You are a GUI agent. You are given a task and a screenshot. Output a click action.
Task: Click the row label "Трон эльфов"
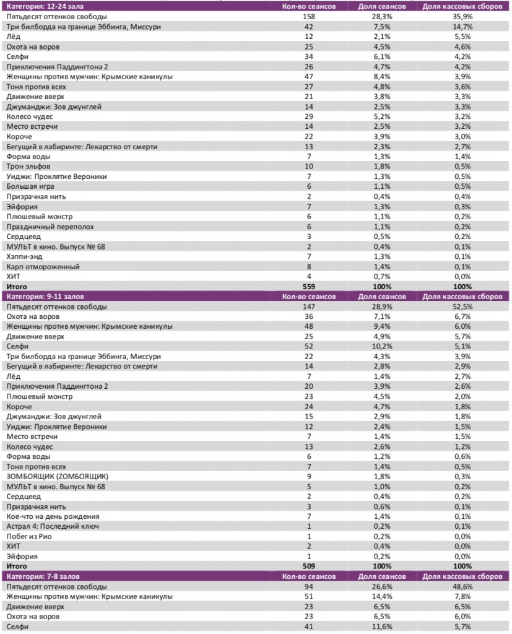(x=28, y=167)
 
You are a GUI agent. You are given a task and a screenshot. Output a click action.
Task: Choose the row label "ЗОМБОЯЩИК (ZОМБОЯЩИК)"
(x=58, y=476)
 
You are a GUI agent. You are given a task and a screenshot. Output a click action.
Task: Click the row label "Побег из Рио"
(x=30, y=536)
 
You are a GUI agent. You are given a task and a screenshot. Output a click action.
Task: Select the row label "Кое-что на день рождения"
(x=53, y=516)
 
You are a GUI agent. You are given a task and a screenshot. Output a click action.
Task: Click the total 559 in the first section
(x=308, y=287)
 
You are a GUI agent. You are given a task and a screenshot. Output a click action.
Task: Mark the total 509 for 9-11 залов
(x=308, y=566)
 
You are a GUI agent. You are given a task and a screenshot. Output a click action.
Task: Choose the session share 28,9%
(x=382, y=306)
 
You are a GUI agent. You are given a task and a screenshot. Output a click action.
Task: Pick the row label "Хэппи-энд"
(x=25, y=256)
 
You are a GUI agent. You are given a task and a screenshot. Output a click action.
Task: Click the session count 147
(x=308, y=306)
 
